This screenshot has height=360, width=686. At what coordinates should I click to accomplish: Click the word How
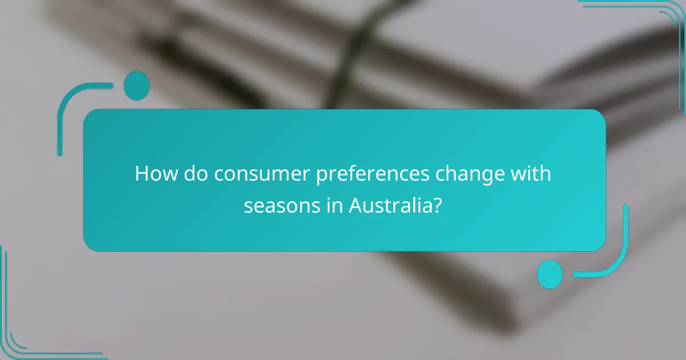(151, 174)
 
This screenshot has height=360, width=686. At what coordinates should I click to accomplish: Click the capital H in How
(141, 174)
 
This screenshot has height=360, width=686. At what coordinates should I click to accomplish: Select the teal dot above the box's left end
(136, 86)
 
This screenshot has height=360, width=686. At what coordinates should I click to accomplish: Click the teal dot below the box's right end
(549, 274)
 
